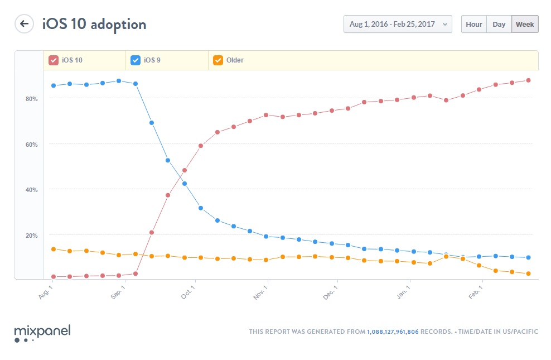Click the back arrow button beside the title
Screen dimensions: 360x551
tap(24, 23)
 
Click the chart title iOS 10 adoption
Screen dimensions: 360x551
tap(94, 24)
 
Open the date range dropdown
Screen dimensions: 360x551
tap(398, 24)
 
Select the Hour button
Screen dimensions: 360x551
tap(473, 24)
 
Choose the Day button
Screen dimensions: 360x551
tap(499, 24)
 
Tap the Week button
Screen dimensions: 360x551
tap(525, 24)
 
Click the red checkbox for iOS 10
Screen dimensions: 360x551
tap(54, 60)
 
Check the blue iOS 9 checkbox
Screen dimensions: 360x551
tap(136, 60)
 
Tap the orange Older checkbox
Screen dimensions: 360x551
tap(218, 60)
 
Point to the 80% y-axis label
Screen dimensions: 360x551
tap(31, 99)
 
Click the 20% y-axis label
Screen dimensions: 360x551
tap(31, 236)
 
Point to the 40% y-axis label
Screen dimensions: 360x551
tap(31, 190)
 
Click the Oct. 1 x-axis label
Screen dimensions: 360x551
tap(189, 294)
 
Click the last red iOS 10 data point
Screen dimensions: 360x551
tap(528, 80)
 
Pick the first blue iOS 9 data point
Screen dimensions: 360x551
tap(54, 85)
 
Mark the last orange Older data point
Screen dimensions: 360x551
tap(528, 273)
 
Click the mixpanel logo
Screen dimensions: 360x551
tap(42, 332)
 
